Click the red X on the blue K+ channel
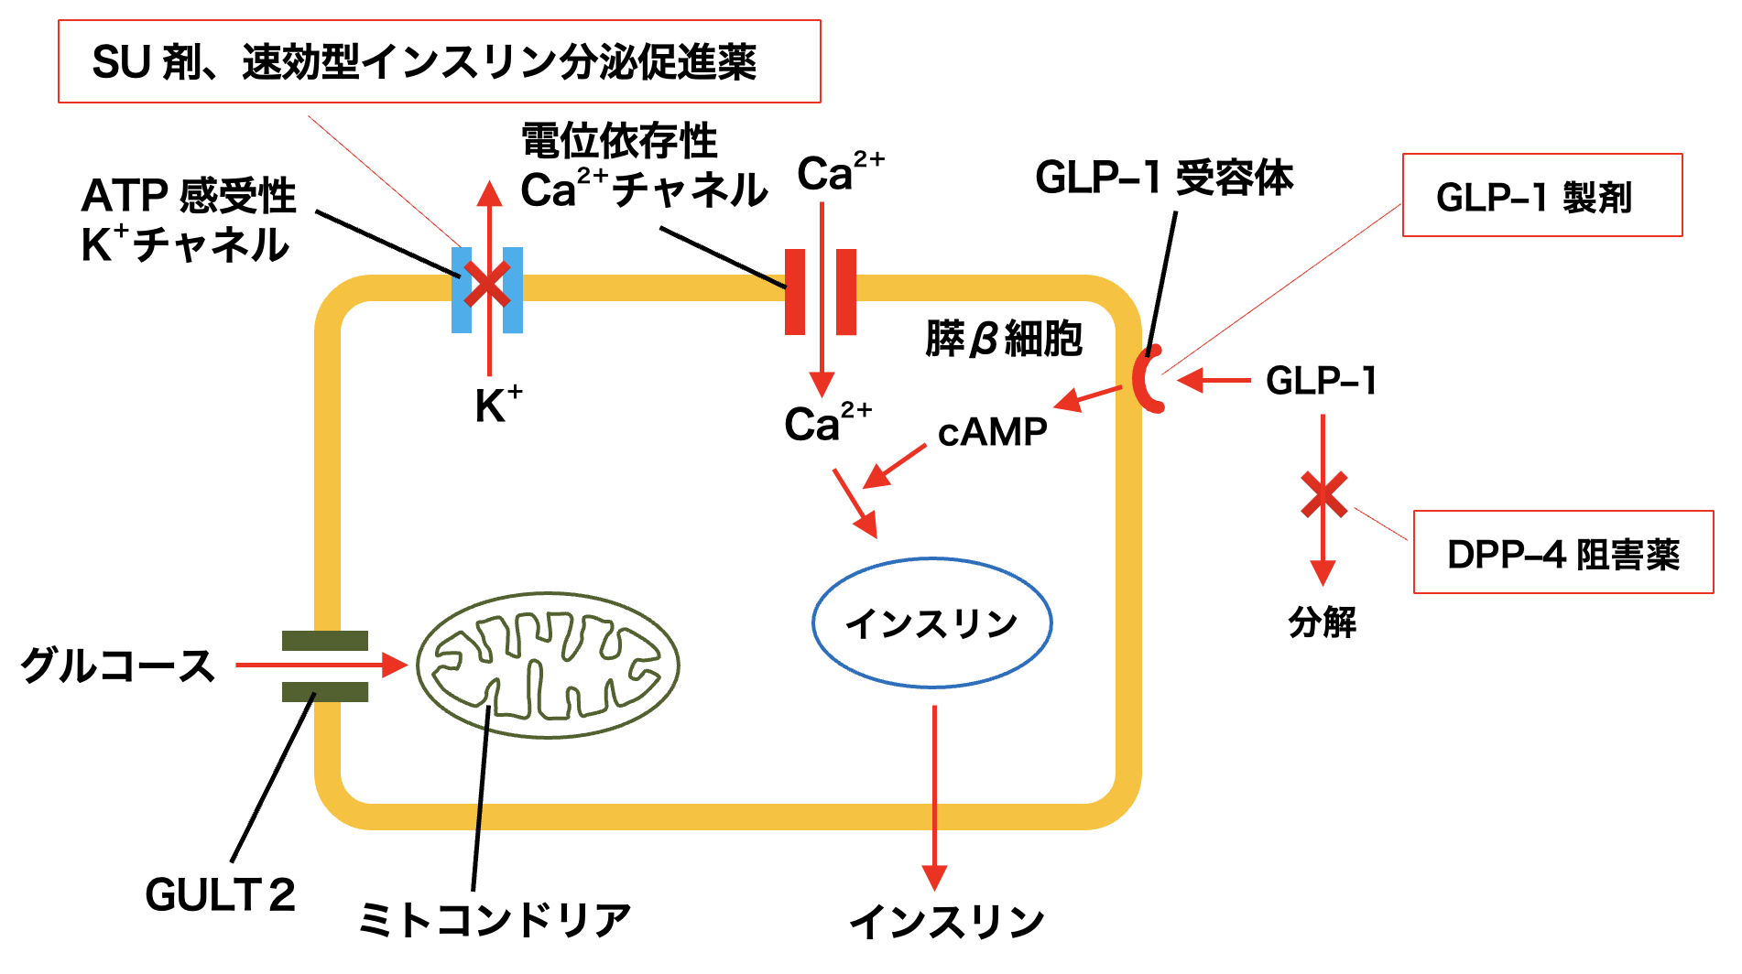click(487, 285)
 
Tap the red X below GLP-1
click(1323, 494)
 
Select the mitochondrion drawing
click(548, 665)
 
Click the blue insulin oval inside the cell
click(931, 623)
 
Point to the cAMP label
click(992, 432)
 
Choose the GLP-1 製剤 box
click(1541, 196)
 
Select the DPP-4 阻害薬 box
click(1562, 553)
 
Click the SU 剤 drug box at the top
click(439, 62)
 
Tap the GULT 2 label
click(220, 894)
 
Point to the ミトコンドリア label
click(495, 919)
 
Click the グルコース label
click(117, 666)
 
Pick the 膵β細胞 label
click(1004, 339)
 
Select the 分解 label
click(1322, 622)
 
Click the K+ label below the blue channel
click(497, 406)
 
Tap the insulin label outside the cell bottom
click(946, 921)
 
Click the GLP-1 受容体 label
click(1163, 178)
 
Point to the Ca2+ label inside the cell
click(826, 423)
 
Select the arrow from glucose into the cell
click(321, 666)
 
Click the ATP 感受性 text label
click(189, 196)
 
